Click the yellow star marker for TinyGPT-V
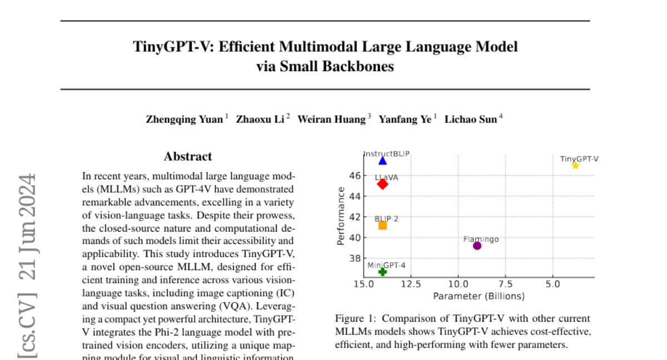point(575,166)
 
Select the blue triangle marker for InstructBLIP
point(382,161)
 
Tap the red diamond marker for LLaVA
point(382,184)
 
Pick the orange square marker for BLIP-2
point(382,225)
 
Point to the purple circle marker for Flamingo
point(477,246)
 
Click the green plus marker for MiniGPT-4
point(382,272)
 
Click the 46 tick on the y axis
point(355,176)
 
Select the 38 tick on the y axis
point(355,258)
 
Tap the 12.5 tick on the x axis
point(411,284)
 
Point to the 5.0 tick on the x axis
point(552,284)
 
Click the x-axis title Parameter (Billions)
point(479,296)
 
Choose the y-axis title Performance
point(341,217)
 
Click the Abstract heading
point(188,157)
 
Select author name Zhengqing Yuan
point(185,119)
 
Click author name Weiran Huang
point(331,119)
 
